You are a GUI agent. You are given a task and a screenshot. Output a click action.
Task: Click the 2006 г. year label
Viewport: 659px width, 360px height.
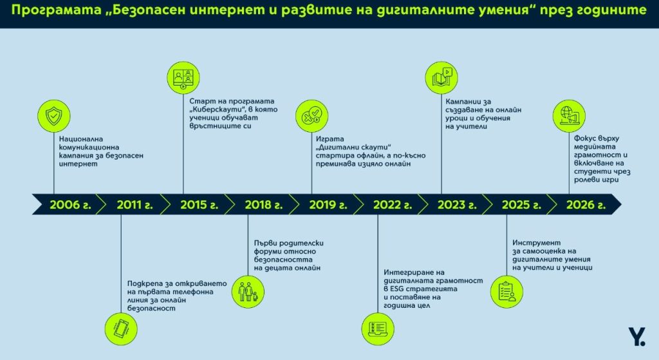click(70, 205)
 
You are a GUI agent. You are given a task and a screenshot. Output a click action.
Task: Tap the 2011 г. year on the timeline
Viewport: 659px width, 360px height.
click(135, 205)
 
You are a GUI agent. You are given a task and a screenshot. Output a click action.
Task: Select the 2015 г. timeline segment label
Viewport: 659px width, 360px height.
click(200, 205)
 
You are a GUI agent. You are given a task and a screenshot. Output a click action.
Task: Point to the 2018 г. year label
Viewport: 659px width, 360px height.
click(263, 205)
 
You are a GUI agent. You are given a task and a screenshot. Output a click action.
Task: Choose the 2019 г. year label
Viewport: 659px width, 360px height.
click(328, 205)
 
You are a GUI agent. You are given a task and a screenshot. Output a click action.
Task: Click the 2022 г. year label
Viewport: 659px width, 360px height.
click(393, 205)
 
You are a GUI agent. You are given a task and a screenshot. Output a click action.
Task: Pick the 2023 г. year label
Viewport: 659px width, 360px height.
click(457, 205)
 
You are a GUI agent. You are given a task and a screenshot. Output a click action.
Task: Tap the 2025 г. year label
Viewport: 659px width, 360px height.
click(521, 205)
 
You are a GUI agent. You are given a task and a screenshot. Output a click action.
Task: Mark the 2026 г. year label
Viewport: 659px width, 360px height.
click(586, 205)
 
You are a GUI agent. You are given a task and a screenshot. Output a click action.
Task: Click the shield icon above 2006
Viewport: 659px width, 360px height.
click(54, 116)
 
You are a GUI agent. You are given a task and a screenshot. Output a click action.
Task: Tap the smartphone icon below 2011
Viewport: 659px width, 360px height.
click(121, 329)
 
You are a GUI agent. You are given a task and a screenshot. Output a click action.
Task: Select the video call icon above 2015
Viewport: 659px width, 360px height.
click(183, 78)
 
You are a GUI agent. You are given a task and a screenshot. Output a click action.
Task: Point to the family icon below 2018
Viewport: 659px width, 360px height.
click(248, 292)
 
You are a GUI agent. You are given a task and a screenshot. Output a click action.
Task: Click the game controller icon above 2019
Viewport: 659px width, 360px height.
click(312, 116)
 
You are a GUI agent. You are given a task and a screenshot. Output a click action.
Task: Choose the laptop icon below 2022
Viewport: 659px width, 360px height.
click(378, 329)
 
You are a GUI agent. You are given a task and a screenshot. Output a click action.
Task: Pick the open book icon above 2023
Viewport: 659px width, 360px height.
click(441, 78)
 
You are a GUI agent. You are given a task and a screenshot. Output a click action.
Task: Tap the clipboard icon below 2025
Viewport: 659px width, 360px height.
click(507, 292)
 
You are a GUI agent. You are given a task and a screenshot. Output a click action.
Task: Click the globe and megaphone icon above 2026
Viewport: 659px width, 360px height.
click(569, 116)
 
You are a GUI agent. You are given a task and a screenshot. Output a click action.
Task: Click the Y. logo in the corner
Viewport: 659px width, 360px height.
click(637, 337)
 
